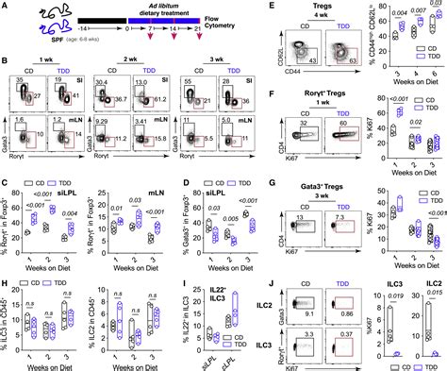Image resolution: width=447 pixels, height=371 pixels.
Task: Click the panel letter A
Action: click(6, 7)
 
